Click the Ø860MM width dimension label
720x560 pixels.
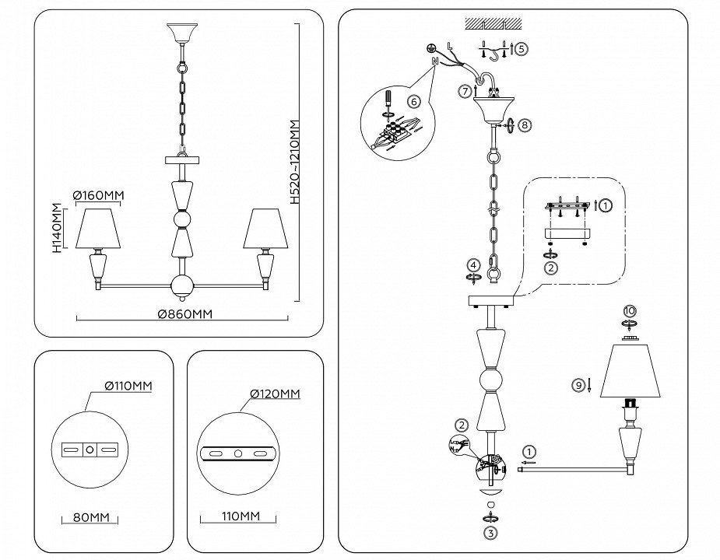coord(184,314)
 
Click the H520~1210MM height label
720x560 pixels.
coord(294,160)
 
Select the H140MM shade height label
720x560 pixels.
coord(57,229)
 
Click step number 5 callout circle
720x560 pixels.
coord(521,48)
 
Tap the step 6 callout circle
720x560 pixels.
coord(413,100)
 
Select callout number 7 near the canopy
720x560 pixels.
coord(465,91)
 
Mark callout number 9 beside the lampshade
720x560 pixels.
coord(578,385)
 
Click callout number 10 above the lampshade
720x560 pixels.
coord(630,311)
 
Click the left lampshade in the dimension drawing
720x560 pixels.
coord(98,228)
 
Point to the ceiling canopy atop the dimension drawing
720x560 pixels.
coord(182,33)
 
